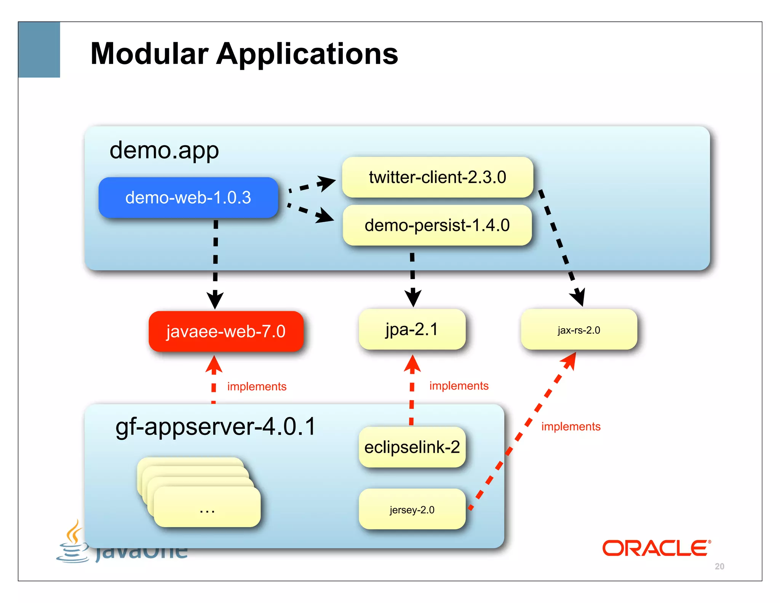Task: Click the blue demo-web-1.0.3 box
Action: (188, 197)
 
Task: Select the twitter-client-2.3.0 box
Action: (437, 177)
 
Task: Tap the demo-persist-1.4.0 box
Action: (437, 225)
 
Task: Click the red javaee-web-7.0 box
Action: (226, 331)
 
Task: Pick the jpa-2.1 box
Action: (412, 329)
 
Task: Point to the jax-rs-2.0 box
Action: (579, 330)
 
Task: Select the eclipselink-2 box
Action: (412, 447)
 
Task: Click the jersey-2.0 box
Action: (412, 510)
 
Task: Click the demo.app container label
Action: (164, 150)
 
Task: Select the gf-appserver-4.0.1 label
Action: (216, 427)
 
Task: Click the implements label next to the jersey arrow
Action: (571, 426)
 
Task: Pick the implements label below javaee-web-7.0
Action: (257, 386)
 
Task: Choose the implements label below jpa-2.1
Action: (459, 386)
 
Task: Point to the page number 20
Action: (719, 566)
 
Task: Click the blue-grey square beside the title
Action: (39, 50)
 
